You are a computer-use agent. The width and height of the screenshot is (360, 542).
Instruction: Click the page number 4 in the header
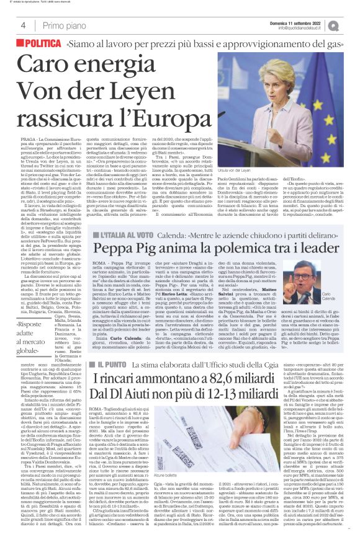pos(22,25)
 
